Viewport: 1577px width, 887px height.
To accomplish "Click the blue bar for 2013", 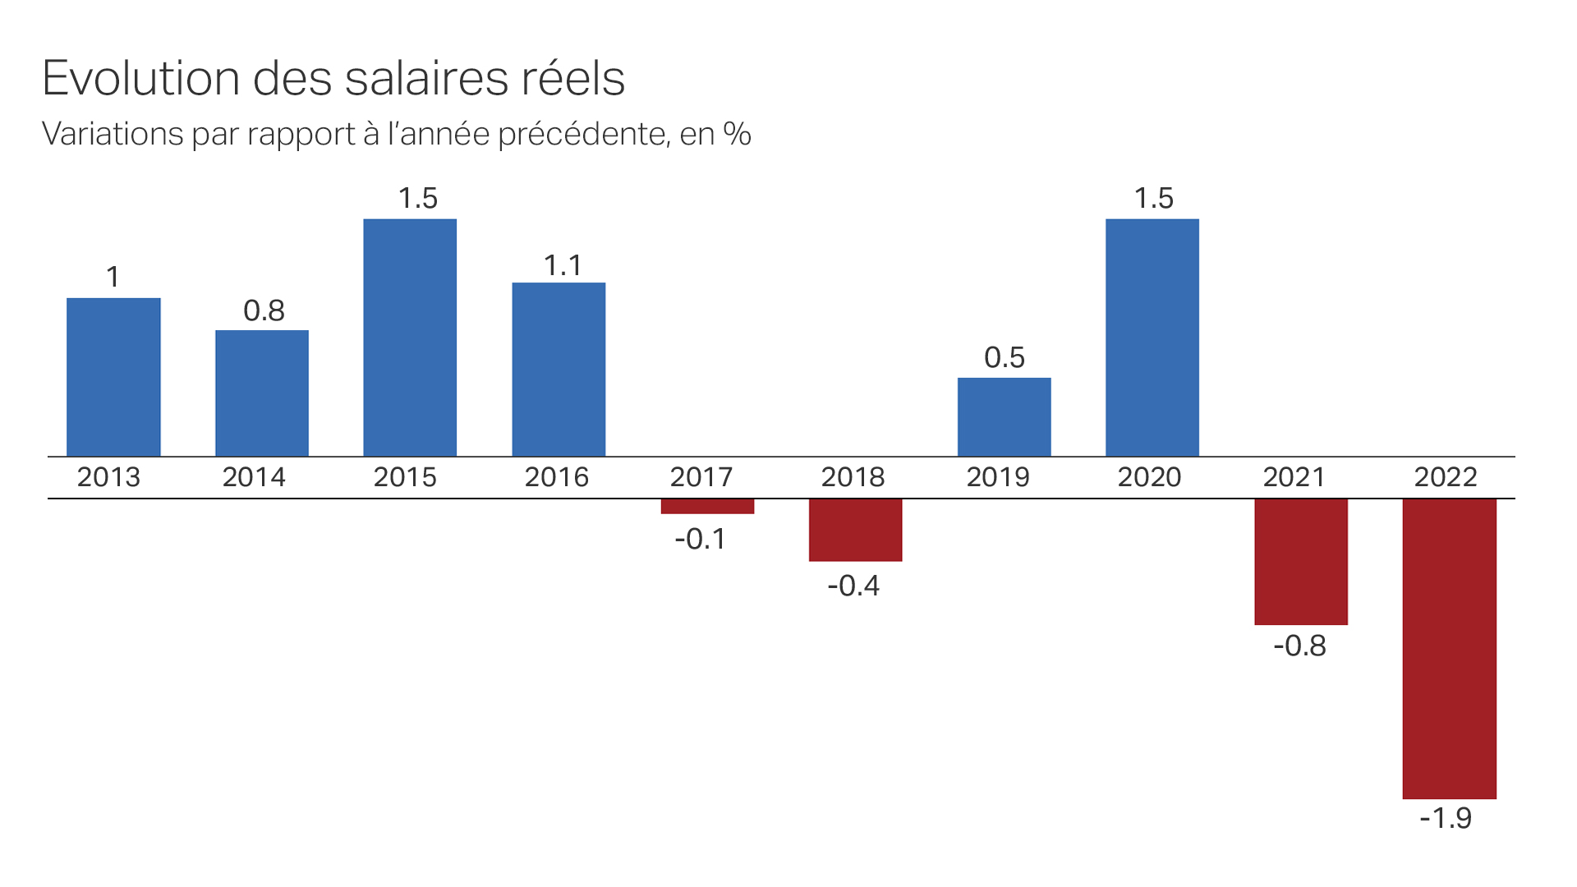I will point(113,377).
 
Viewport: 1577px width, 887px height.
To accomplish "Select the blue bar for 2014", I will point(262,393).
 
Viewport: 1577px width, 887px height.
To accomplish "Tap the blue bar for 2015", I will point(410,338).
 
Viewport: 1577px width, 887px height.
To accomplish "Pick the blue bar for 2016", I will point(559,370).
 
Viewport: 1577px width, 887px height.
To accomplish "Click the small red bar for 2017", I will point(707,507).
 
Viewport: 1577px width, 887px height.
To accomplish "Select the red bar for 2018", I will point(855,530).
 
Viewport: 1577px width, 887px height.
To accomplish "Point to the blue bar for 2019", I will point(1004,417).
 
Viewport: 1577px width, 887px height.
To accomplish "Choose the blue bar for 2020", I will point(1152,338).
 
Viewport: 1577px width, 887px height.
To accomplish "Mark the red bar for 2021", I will point(1301,562).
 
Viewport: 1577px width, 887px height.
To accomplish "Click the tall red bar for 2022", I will point(1449,649).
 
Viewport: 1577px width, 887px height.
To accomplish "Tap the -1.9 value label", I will point(1446,818).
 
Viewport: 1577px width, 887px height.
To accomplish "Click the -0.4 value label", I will point(853,586).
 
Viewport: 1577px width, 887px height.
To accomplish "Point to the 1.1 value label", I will point(563,265).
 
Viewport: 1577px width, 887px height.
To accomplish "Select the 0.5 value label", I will point(1005,357).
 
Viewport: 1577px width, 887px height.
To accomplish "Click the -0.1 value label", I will point(701,539).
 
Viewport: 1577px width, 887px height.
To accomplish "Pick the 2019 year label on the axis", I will point(998,477).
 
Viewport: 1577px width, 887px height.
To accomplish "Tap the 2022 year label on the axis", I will point(1446,477).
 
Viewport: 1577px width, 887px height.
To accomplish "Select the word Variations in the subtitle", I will point(113,134).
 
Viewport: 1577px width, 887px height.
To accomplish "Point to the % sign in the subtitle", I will point(737,134).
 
